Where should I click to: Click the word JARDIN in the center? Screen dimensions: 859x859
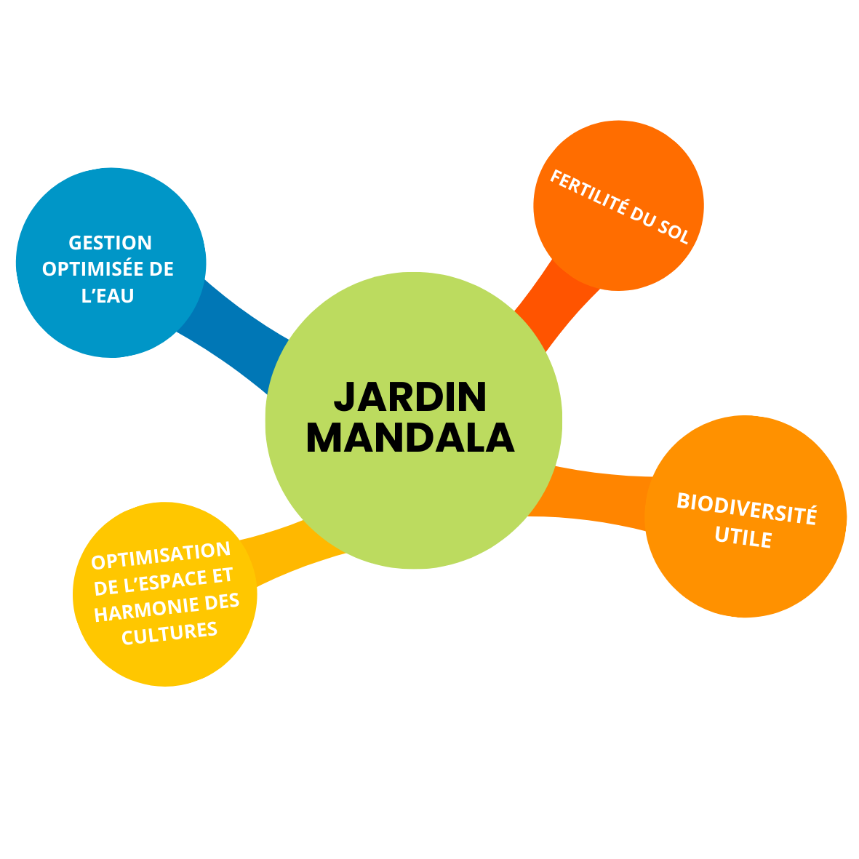[x=410, y=397]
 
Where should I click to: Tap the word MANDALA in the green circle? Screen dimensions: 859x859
[x=410, y=438]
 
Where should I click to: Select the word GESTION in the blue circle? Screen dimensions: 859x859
[x=110, y=242]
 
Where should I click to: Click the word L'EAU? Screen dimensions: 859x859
[x=108, y=296]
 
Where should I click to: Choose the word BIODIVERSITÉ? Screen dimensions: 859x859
[x=746, y=508]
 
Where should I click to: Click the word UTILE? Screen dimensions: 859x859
[x=743, y=538]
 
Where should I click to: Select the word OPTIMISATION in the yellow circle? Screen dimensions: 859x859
[x=161, y=556]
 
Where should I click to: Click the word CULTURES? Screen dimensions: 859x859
[x=169, y=633]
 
